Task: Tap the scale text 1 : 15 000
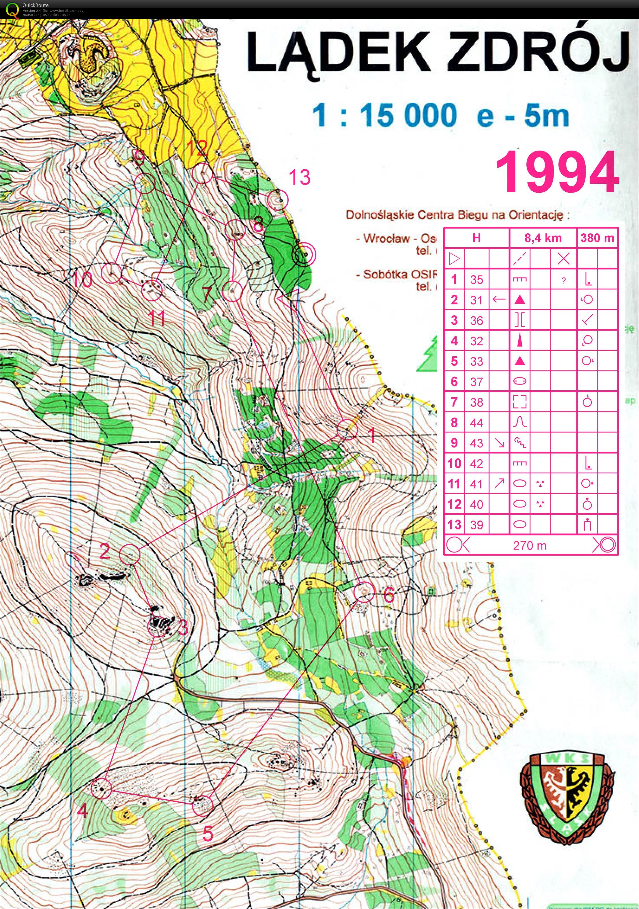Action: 384,116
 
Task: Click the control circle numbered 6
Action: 363,592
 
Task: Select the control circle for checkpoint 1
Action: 347,429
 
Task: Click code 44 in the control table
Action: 477,423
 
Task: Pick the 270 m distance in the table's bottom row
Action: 530,546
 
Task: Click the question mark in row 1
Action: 563,280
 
